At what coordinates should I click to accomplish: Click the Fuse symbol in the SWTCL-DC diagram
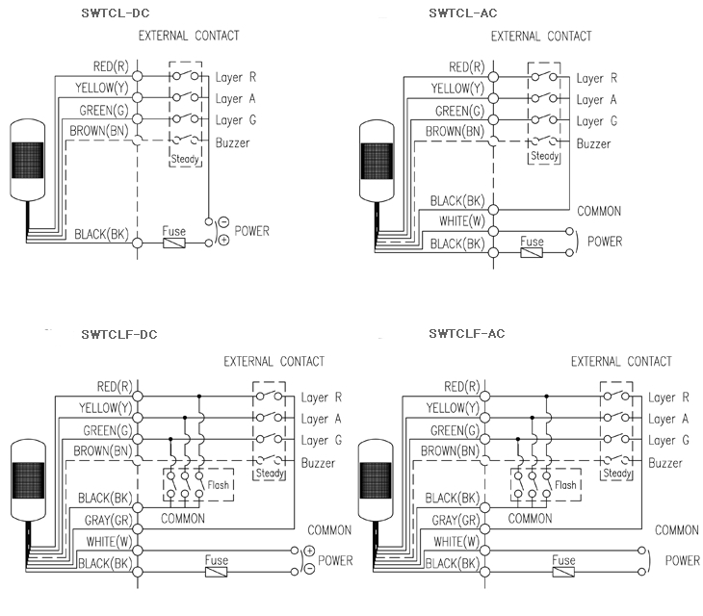[x=175, y=244]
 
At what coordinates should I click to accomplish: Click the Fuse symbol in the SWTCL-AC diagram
[x=531, y=253]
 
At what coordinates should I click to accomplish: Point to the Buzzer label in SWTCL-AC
[x=593, y=143]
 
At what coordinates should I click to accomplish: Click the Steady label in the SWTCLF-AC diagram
[x=616, y=474]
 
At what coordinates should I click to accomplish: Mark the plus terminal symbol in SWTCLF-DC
[x=309, y=551]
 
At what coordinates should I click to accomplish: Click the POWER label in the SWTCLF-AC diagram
[x=682, y=560]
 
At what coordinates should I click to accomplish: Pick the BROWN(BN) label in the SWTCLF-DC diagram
[x=100, y=449]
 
